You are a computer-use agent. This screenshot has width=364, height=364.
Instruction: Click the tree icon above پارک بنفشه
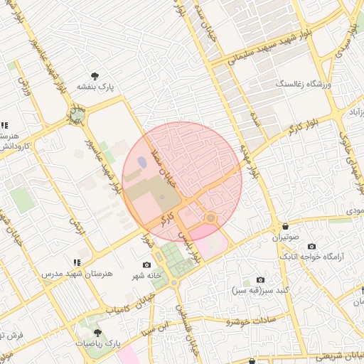pyautogui.click(x=95, y=76)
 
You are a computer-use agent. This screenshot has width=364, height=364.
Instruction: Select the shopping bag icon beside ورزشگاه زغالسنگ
pyautogui.click(x=328, y=85)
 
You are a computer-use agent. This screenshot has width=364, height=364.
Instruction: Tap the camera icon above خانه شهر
pyautogui.click(x=146, y=264)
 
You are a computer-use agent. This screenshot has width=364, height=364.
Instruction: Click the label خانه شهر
pyautogui.click(x=146, y=275)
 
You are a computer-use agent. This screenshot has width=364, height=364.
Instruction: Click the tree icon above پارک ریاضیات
pyautogui.click(x=97, y=332)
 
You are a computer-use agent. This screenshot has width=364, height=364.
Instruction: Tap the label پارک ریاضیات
pyautogui.click(x=98, y=343)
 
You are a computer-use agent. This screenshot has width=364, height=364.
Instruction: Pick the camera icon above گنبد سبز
pyautogui.click(x=260, y=280)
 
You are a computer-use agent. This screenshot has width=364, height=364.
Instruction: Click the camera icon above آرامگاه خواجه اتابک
pyautogui.click(x=312, y=246)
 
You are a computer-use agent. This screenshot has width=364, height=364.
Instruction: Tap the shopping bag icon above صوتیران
pyautogui.click(x=284, y=226)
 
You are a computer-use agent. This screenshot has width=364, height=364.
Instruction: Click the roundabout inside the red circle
pyautogui.click(x=210, y=217)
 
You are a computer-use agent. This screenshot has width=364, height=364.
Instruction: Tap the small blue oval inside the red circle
pyautogui.click(x=142, y=162)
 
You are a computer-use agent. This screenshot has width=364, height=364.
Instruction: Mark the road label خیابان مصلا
pyautogui.click(x=171, y=163)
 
